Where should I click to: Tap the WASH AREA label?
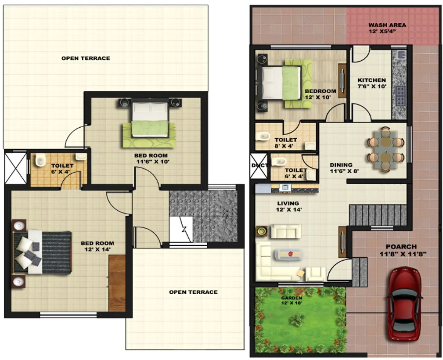[x=387, y=25]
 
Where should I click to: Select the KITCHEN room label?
[x=371, y=80]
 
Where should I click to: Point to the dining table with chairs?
[x=385, y=149]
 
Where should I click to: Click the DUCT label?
[x=257, y=166]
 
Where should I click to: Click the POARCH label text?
[x=401, y=247]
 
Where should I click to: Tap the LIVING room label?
[x=288, y=203]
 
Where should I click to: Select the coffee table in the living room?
[x=289, y=253]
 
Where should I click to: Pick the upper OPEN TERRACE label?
[x=86, y=58]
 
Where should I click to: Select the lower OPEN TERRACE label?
[x=193, y=292]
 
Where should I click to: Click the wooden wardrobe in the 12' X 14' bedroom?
[x=117, y=283]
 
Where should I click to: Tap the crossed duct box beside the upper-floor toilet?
[x=15, y=168]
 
